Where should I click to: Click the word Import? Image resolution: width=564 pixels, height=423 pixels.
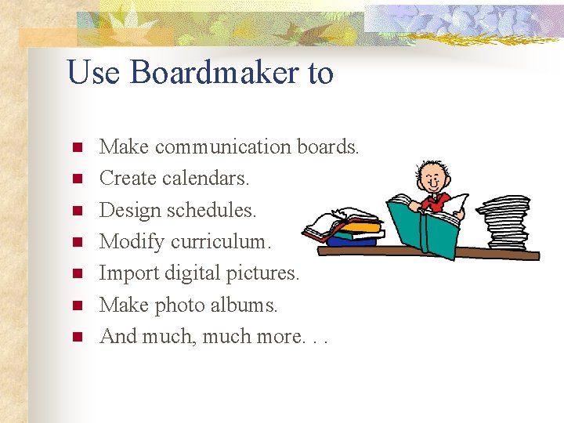(128, 273)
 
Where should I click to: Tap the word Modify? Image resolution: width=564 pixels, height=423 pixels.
(132, 241)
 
